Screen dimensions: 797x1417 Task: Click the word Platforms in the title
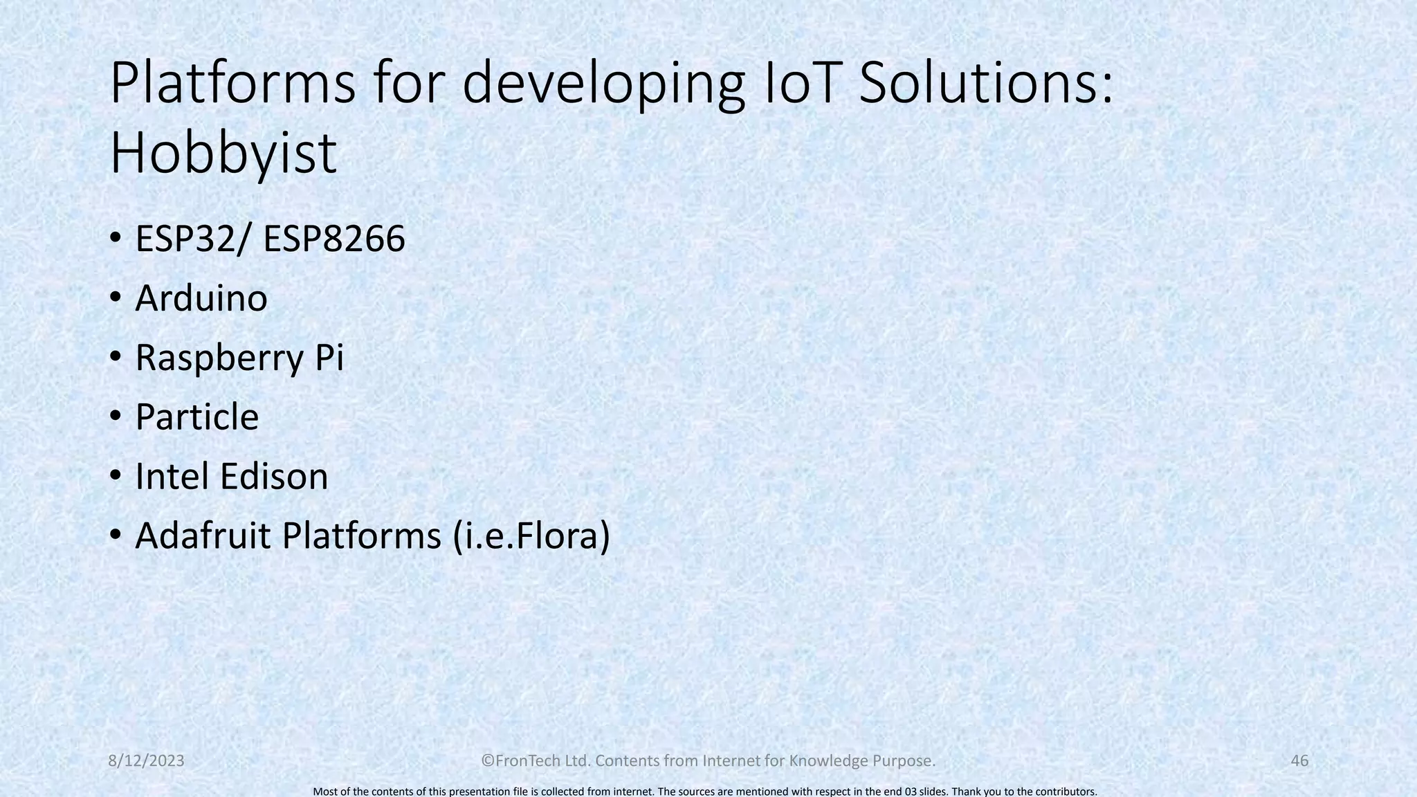[232, 84]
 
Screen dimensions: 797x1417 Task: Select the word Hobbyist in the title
[223, 154]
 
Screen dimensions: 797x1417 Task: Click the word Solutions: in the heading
[986, 84]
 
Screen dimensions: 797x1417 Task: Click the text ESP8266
[334, 239]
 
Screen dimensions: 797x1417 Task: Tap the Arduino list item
[201, 299]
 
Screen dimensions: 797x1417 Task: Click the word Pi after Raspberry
[329, 358]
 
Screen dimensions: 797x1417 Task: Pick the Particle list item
[196, 417]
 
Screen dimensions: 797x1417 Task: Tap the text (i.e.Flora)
[531, 536]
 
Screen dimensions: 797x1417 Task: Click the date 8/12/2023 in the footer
[147, 761]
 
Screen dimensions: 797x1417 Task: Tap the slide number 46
[1299, 761]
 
